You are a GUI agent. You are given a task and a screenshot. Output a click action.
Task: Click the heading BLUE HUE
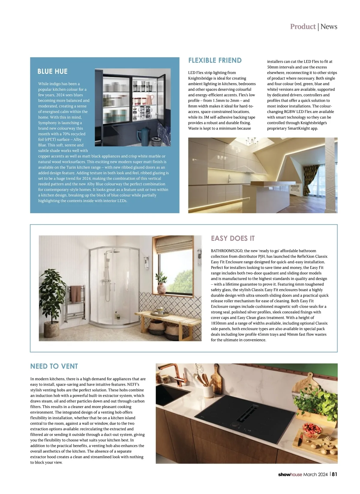(x=52, y=71)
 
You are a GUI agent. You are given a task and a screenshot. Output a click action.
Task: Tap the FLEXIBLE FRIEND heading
(x=215, y=60)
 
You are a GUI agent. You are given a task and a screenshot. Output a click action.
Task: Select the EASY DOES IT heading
(x=232, y=238)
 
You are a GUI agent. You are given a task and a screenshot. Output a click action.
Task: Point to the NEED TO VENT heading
(x=54, y=366)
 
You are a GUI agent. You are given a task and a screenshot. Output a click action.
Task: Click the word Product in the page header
(x=303, y=26)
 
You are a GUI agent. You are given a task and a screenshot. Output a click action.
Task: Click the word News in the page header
(x=329, y=26)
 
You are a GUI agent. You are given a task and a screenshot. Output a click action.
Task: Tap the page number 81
(x=334, y=474)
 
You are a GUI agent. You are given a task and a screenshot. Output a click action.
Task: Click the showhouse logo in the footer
(x=290, y=474)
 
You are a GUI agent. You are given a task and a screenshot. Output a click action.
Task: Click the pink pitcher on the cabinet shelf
(x=150, y=98)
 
